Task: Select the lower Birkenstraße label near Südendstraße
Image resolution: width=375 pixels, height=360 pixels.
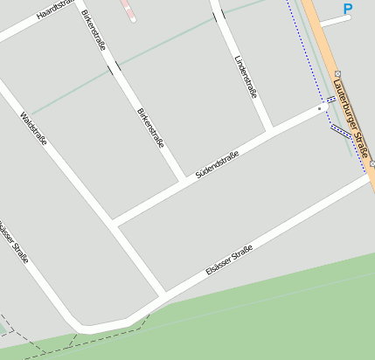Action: pos(150,128)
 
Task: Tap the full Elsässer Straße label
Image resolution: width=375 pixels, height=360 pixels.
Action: pos(229,261)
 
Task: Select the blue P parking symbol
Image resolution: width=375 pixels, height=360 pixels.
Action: pos(348,10)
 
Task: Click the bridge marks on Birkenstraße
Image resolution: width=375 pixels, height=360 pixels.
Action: pos(114,67)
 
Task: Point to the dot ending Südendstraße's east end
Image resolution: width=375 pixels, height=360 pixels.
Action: pos(320,109)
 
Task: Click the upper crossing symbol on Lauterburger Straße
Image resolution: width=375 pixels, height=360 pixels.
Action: pos(338,74)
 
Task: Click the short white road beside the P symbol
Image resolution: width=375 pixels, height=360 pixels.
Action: pos(335,20)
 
